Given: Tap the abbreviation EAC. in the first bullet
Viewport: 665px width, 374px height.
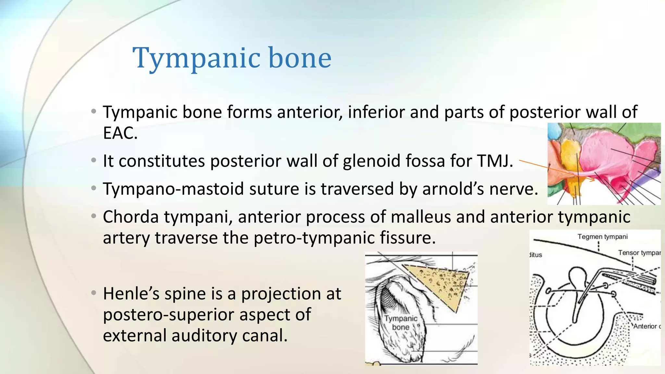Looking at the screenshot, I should click(x=120, y=133).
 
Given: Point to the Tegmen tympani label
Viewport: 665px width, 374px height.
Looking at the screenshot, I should click(x=602, y=237).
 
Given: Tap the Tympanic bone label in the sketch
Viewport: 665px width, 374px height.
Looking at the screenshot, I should click(x=401, y=323).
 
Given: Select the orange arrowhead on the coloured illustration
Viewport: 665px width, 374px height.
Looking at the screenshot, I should click(x=592, y=180).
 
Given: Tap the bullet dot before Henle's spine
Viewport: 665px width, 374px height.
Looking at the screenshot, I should click(x=94, y=293).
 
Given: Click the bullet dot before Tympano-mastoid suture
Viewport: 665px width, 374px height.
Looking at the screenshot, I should click(x=94, y=188).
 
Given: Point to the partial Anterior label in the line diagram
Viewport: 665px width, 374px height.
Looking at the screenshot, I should click(x=646, y=326).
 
